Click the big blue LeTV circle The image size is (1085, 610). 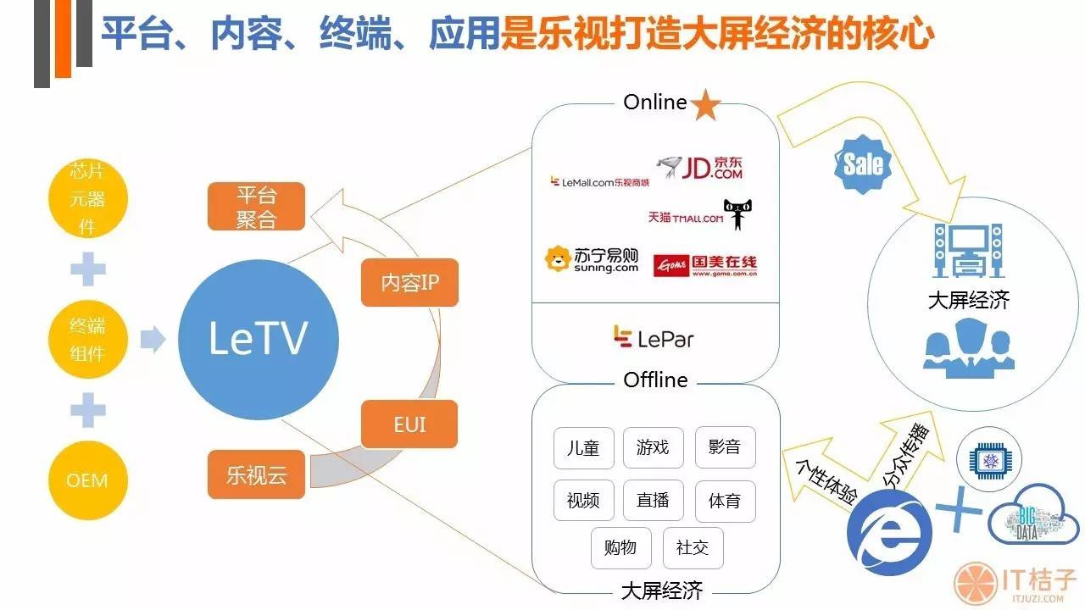click(x=257, y=340)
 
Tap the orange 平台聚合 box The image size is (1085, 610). click(x=256, y=208)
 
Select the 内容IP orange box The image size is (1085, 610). click(x=409, y=282)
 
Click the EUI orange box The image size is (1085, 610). click(x=409, y=424)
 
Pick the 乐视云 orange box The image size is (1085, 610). click(x=256, y=474)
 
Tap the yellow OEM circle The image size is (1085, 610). click(x=87, y=480)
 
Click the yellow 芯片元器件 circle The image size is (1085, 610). click(x=87, y=201)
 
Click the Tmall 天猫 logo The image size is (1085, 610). click(x=697, y=217)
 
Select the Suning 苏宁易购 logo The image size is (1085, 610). click(x=592, y=260)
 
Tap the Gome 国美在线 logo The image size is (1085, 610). click(x=705, y=265)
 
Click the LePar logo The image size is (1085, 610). click(x=654, y=339)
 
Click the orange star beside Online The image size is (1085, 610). click(x=705, y=105)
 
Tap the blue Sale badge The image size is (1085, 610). click(x=863, y=164)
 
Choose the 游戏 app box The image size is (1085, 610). click(x=653, y=448)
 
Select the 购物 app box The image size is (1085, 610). click(x=620, y=547)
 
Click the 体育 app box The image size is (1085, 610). click(x=725, y=501)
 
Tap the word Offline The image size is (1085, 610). click(x=655, y=380)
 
